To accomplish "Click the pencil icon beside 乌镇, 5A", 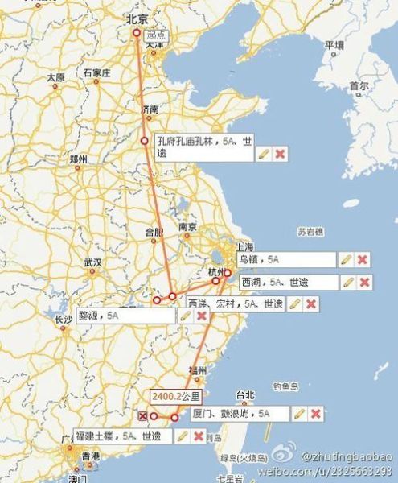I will (x=345, y=259).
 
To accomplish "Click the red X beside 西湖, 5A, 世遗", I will (x=364, y=282).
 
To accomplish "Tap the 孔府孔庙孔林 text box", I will (x=201, y=145).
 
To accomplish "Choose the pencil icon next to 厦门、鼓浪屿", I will (x=298, y=414).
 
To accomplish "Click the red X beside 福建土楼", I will (x=198, y=436).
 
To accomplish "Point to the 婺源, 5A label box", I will (x=125, y=316).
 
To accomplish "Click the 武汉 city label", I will (x=92, y=262).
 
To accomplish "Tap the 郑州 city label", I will (x=78, y=159).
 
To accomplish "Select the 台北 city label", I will (x=244, y=394).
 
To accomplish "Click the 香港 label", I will (x=91, y=456).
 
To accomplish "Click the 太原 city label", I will (x=55, y=77).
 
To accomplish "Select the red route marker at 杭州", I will (x=228, y=272).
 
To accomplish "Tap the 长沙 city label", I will (x=64, y=320).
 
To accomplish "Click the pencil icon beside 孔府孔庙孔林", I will (x=262, y=154).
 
